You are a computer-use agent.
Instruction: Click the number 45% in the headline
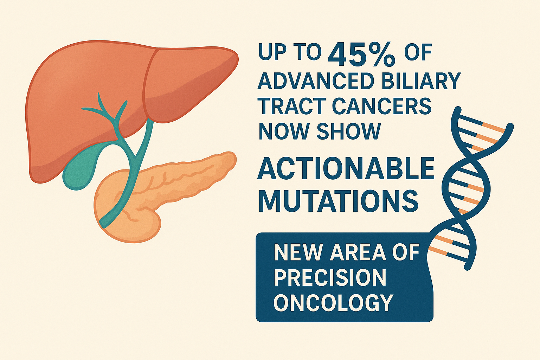point(362,55)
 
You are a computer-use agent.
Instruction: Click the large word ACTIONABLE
point(346,168)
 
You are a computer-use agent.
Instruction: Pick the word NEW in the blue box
point(295,253)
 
